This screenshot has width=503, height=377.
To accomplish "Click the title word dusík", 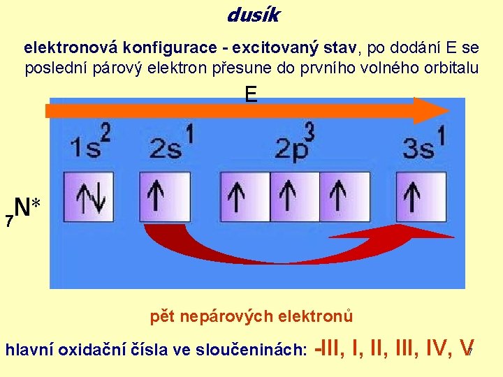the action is [x=253, y=13].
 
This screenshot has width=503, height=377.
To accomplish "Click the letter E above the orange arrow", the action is [x=251, y=94].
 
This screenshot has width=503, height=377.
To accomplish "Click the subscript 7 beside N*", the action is [x=8, y=222].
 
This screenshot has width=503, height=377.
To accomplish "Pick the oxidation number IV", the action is [x=432, y=348].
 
